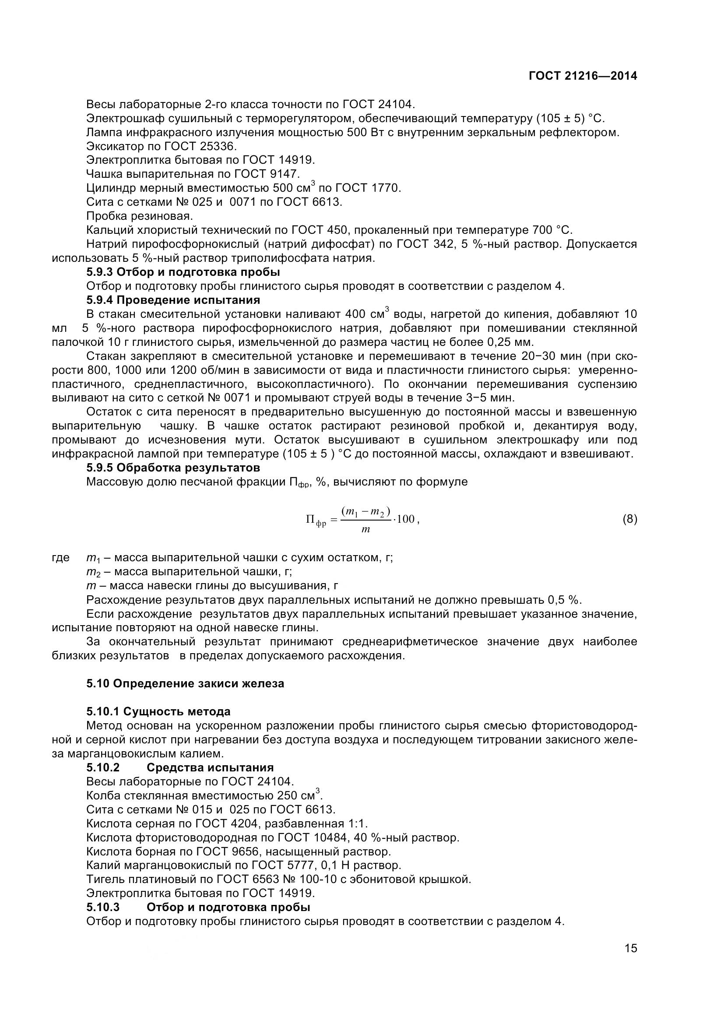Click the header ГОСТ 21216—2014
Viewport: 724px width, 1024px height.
pyautogui.click(x=583, y=76)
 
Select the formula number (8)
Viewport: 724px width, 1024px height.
pyautogui.click(x=629, y=519)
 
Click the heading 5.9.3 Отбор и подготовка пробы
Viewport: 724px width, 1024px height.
pyautogui.click(x=183, y=272)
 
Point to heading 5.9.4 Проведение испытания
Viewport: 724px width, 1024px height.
pyautogui.click(x=173, y=300)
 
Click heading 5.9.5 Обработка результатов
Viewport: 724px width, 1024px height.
pyautogui.click(x=173, y=468)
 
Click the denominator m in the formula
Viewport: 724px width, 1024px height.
pyautogui.click(x=366, y=530)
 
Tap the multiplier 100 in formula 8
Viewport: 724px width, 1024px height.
pyautogui.click(x=405, y=519)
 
